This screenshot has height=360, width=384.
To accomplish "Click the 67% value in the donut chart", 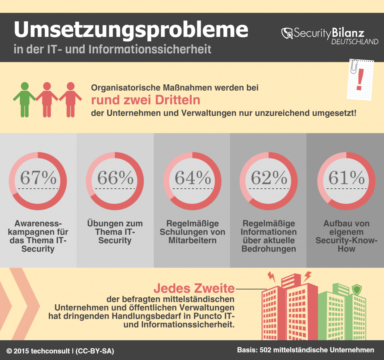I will (38, 178).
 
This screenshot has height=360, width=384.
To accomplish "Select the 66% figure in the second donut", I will (115, 178).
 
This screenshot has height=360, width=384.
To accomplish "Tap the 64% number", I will (192, 178).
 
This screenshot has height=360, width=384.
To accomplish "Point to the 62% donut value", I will (268, 178).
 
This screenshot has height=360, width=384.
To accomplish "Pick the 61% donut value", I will (346, 178).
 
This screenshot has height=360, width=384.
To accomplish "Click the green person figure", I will (24, 99).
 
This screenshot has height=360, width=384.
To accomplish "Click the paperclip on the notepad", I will (353, 66).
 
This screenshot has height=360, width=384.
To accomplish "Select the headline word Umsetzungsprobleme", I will (131, 30).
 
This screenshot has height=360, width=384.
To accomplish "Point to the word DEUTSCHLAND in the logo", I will (355, 42).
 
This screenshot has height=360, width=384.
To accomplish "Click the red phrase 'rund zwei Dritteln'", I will (146, 100).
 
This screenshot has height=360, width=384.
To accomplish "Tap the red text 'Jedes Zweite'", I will (194, 288).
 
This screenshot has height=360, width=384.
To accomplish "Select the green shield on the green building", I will (357, 289).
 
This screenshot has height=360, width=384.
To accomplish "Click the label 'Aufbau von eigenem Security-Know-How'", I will (346, 236).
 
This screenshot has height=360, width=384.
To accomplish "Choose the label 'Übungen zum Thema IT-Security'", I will (115, 232).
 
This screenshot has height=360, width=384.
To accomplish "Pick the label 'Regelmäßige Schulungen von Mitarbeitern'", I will (192, 232).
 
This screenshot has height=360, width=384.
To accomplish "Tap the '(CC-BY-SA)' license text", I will (95, 351).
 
